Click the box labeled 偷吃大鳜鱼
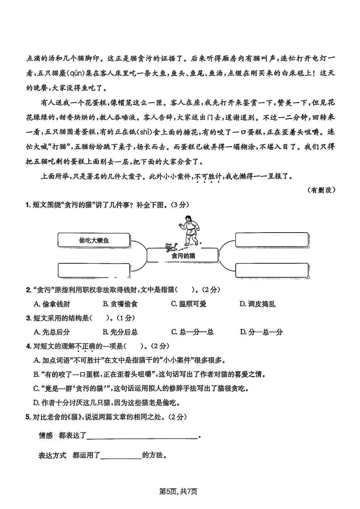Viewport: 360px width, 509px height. [94, 240]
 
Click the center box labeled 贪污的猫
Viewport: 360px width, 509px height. [183, 255]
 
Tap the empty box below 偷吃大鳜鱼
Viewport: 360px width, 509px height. [94, 270]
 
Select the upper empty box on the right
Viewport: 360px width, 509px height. [272, 240]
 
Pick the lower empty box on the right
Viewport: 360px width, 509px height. [272, 270]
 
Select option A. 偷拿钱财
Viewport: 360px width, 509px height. [52, 304]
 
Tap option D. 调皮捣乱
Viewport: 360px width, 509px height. [257, 304]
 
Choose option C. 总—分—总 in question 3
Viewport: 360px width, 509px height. [192, 332]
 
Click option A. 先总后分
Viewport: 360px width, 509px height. [52, 332]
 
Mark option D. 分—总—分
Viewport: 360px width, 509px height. [261, 332]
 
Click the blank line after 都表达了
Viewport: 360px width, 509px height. [143, 436]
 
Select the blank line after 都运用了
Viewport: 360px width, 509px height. [121, 456]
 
